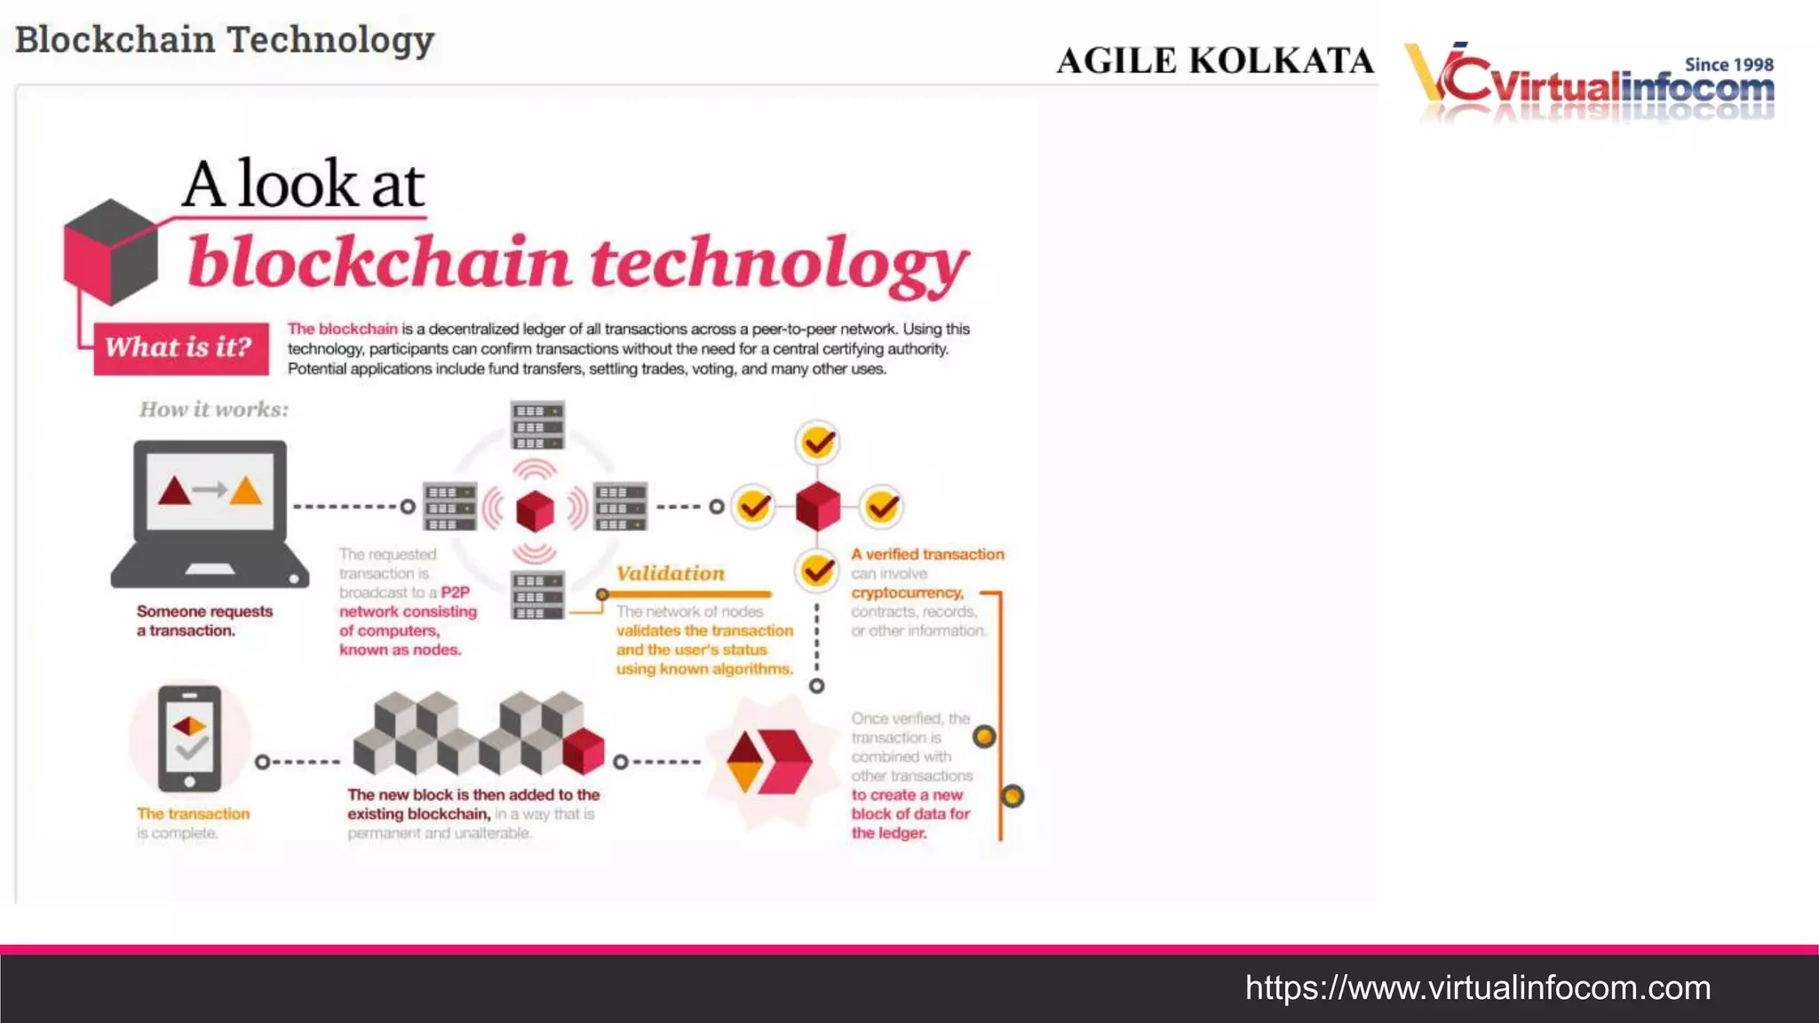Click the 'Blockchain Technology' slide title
[x=225, y=40]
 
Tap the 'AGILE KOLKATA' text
[x=1215, y=60]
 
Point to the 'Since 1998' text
[x=1728, y=65]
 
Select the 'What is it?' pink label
[x=180, y=347]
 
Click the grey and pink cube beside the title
[x=110, y=251]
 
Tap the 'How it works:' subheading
[x=214, y=409]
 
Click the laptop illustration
[x=210, y=514]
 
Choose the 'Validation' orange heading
[x=671, y=574]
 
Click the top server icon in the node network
[x=537, y=425]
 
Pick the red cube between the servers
[x=535, y=510]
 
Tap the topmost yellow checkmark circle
[x=818, y=442]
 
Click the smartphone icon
[x=190, y=738]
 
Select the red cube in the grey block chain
[x=584, y=751]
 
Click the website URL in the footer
[x=1477, y=987]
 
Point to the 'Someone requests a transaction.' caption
[x=204, y=621]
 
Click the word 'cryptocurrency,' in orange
[x=907, y=592]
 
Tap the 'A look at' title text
[x=304, y=184]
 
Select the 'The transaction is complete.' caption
[x=193, y=823]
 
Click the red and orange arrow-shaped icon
[x=767, y=762]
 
